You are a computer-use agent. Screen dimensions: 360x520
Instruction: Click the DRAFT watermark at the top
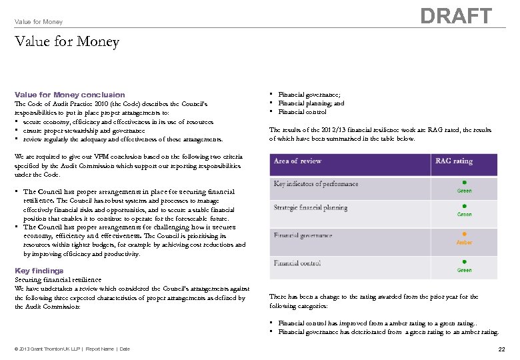coord(457,16)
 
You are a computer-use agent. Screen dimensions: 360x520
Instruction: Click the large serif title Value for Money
coord(67,42)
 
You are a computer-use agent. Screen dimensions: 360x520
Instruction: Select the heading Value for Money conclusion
coord(69,95)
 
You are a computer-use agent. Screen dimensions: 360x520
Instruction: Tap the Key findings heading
coord(39,271)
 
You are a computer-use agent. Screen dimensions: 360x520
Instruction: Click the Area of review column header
coord(297,161)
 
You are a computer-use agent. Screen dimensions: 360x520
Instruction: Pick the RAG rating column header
coord(454,161)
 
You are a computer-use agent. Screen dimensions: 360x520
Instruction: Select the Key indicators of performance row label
coord(316,184)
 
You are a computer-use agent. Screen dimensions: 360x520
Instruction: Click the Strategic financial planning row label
coord(311,208)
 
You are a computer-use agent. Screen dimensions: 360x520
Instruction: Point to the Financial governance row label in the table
coord(303,235)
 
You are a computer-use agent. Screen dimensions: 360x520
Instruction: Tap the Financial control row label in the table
coord(297,263)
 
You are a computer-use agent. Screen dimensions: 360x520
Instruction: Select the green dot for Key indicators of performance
coord(464,182)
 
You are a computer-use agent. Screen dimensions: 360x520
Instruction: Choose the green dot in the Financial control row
coord(464,262)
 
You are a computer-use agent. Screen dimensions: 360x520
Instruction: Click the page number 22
coord(501,349)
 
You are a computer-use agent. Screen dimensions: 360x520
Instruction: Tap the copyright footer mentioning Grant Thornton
coord(72,349)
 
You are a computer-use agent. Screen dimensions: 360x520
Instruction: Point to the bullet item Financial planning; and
coord(311,103)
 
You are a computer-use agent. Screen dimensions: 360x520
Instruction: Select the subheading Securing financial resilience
coord(58,280)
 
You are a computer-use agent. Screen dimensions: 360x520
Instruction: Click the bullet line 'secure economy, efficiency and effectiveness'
coord(117,122)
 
